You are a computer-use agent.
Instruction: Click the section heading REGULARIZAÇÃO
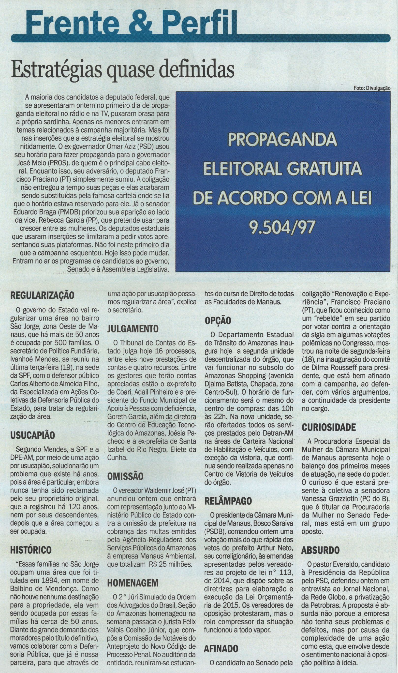coord(42,296)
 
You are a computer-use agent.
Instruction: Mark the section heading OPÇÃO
coord(218,321)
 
